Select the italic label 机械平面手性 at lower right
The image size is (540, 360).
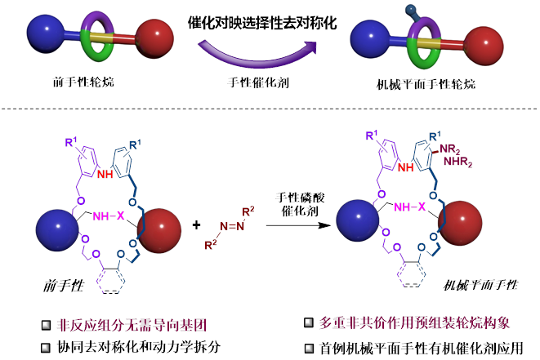point(480,287)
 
